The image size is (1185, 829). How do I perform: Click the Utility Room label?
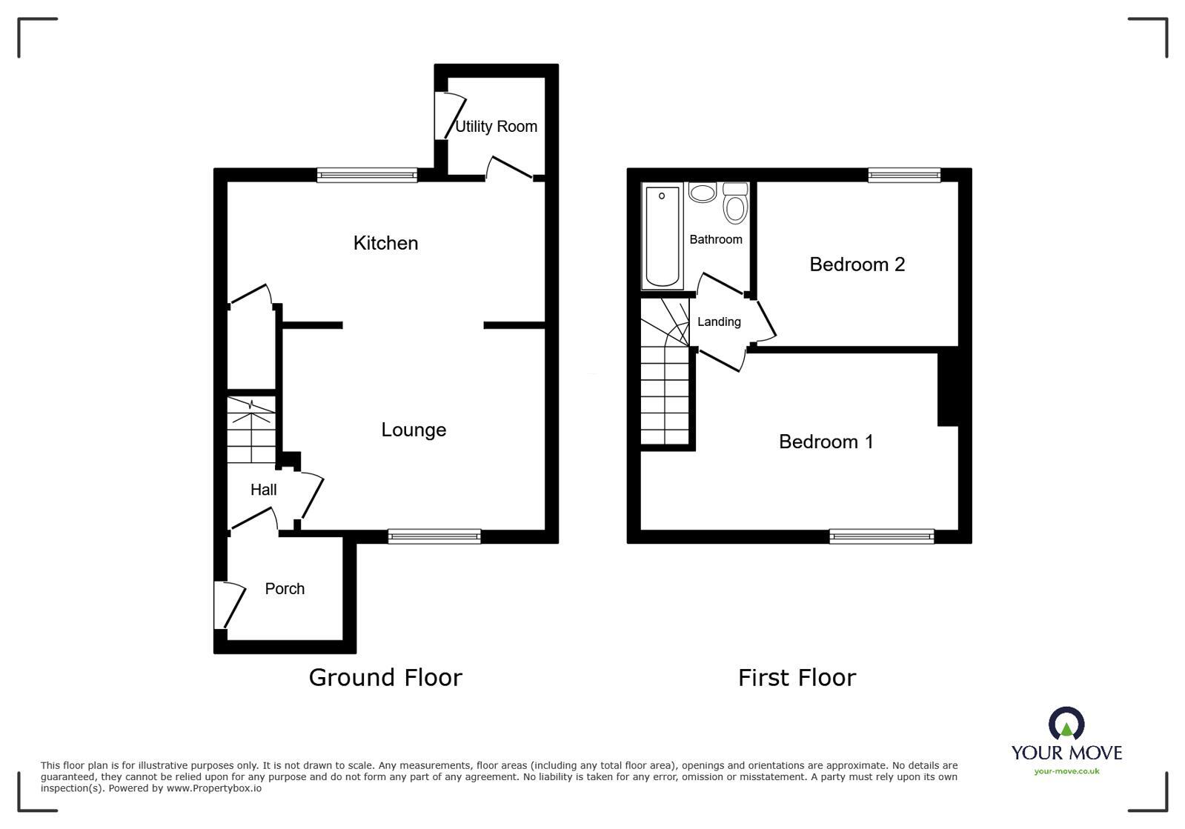click(496, 127)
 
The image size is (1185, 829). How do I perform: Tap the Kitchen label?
click(385, 243)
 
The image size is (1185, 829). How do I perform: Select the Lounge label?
click(414, 430)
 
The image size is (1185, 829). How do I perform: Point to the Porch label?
click(285, 589)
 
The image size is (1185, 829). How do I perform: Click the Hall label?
click(263, 490)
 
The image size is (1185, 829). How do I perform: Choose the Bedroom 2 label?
click(857, 264)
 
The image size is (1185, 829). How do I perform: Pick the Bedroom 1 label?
click(826, 442)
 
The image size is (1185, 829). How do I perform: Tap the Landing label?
click(718, 322)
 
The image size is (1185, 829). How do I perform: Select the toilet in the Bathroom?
click(734, 204)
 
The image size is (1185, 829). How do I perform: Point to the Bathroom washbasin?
click(702, 193)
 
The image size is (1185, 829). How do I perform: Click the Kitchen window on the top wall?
click(367, 176)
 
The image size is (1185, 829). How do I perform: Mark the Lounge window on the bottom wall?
click(434, 536)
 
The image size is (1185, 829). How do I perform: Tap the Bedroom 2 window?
click(904, 176)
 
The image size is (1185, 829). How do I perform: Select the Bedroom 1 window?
click(881, 536)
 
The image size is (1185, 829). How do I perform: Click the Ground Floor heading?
click(385, 678)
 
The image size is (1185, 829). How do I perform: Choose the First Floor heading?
click(797, 678)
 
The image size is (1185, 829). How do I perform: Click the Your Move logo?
click(1066, 741)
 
